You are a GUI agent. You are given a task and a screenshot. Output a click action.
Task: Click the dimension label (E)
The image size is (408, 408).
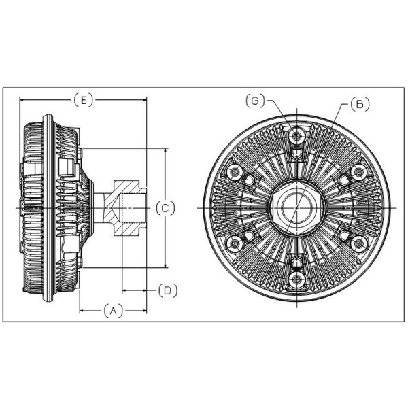click(83, 100)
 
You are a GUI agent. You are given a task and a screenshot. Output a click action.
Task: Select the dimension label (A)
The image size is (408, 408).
click(113, 311)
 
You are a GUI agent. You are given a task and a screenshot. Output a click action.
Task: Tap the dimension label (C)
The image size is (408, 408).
click(165, 208)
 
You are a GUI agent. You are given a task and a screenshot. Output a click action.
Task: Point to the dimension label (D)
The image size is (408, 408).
click(168, 290)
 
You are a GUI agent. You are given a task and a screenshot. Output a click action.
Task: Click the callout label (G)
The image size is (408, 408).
click(255, 101)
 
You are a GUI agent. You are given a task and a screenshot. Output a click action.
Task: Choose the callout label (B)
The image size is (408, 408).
click(360, 104)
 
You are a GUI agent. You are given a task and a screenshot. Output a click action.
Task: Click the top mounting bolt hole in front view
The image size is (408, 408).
click(296, 136)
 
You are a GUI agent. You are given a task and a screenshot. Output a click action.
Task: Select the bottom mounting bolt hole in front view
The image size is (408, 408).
click(296, 279)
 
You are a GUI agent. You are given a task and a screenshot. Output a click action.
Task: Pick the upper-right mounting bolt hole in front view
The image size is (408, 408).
click(359, 172)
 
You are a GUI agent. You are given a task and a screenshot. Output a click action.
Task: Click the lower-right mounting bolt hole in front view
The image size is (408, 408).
click(359, 244)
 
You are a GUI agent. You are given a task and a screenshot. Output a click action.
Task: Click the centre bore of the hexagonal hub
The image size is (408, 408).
click(296, 207)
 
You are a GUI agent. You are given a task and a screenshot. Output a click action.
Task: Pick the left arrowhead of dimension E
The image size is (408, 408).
click(23, 100)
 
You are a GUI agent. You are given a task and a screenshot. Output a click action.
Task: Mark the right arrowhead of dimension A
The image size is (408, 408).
click(143, 311)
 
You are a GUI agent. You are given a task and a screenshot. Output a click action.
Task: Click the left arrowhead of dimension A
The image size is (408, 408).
click(83, 311)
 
